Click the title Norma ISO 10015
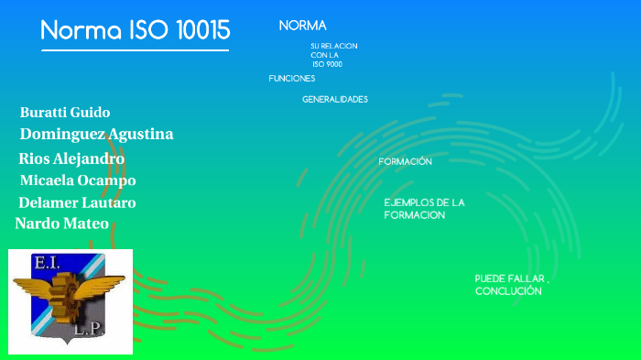click(x=136, y=30)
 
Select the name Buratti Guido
click(x=65, y=113)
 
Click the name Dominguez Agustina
click(x=96, y=135)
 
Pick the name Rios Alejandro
click(x=71, y=158)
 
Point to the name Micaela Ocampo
click(x=78, y=180)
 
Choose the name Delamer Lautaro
click(x=77, y=202)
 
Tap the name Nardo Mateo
click(x=61, y=224)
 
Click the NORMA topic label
click(x=302, y=26)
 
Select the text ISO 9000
click(x=327, y=64)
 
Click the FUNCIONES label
click(x=291, y=79)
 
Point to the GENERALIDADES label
click(x=335, y=99)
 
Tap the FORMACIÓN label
click(x=405, y=161)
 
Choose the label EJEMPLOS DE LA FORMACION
click(x=424, y=208)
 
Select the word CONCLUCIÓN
click(x=508, y=291)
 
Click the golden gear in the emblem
click(x=70, y=290)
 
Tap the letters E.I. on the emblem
click(x=46, y=263)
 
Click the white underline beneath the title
click(x=135, y=50)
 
